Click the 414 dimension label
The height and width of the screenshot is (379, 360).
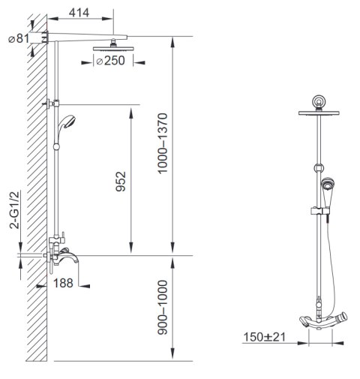click(x=79, y=13)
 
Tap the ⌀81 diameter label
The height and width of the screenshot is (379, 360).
click(x=19, y=39)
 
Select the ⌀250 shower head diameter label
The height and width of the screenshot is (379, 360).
click(x=110, y=61)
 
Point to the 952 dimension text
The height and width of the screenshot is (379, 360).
click(x=121, y=182)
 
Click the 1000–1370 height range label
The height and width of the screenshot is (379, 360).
click(x=163, y=143)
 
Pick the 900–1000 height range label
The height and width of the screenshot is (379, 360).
click(x=163, y=308)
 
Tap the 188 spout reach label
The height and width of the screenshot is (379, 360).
click(x=63, y=283)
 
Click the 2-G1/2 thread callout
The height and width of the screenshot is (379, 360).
click(x=14, y=210)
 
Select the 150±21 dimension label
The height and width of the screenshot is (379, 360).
click(x=264, y=337)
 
